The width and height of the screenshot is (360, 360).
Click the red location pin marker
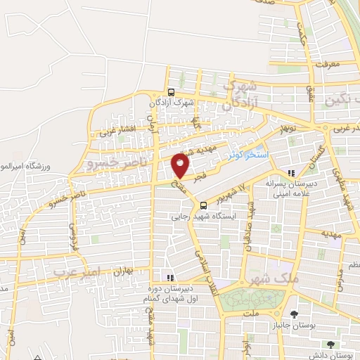click(x=181, y=165)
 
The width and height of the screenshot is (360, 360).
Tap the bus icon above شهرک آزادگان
click(x=171, y=91)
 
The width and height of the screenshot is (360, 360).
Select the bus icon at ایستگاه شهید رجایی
click(x=203, y=206)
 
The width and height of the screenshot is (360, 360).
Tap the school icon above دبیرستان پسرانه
click(x=292, y=173)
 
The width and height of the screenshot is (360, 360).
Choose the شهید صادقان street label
click(x=247, y=236)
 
